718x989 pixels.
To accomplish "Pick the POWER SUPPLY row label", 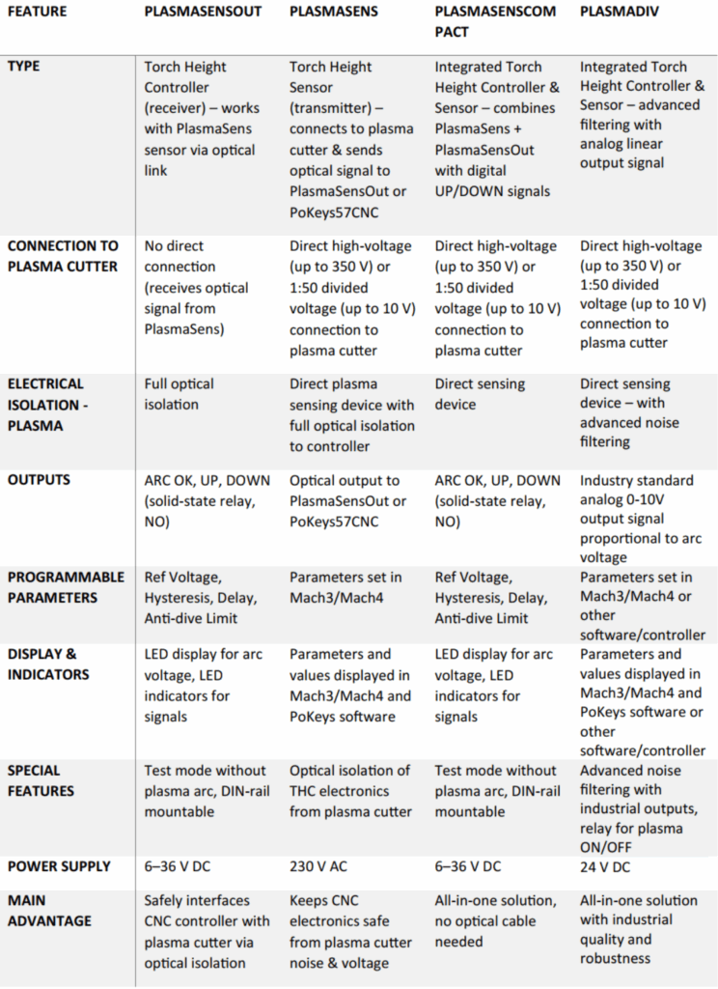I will (x=59, y=866).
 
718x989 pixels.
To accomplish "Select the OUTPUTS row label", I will (x=40, y=480).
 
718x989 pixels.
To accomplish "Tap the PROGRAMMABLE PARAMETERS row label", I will (x=66, y=587).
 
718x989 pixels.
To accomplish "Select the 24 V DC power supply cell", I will (x=604, y=866).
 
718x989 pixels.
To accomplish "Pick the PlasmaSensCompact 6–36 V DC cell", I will (x=468, y=866).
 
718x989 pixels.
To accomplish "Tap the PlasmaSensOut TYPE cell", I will (x=201, y=118).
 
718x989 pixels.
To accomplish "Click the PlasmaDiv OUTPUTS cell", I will (x=641, y=519).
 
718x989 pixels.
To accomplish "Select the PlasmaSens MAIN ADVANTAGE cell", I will (x=351, y=931).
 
